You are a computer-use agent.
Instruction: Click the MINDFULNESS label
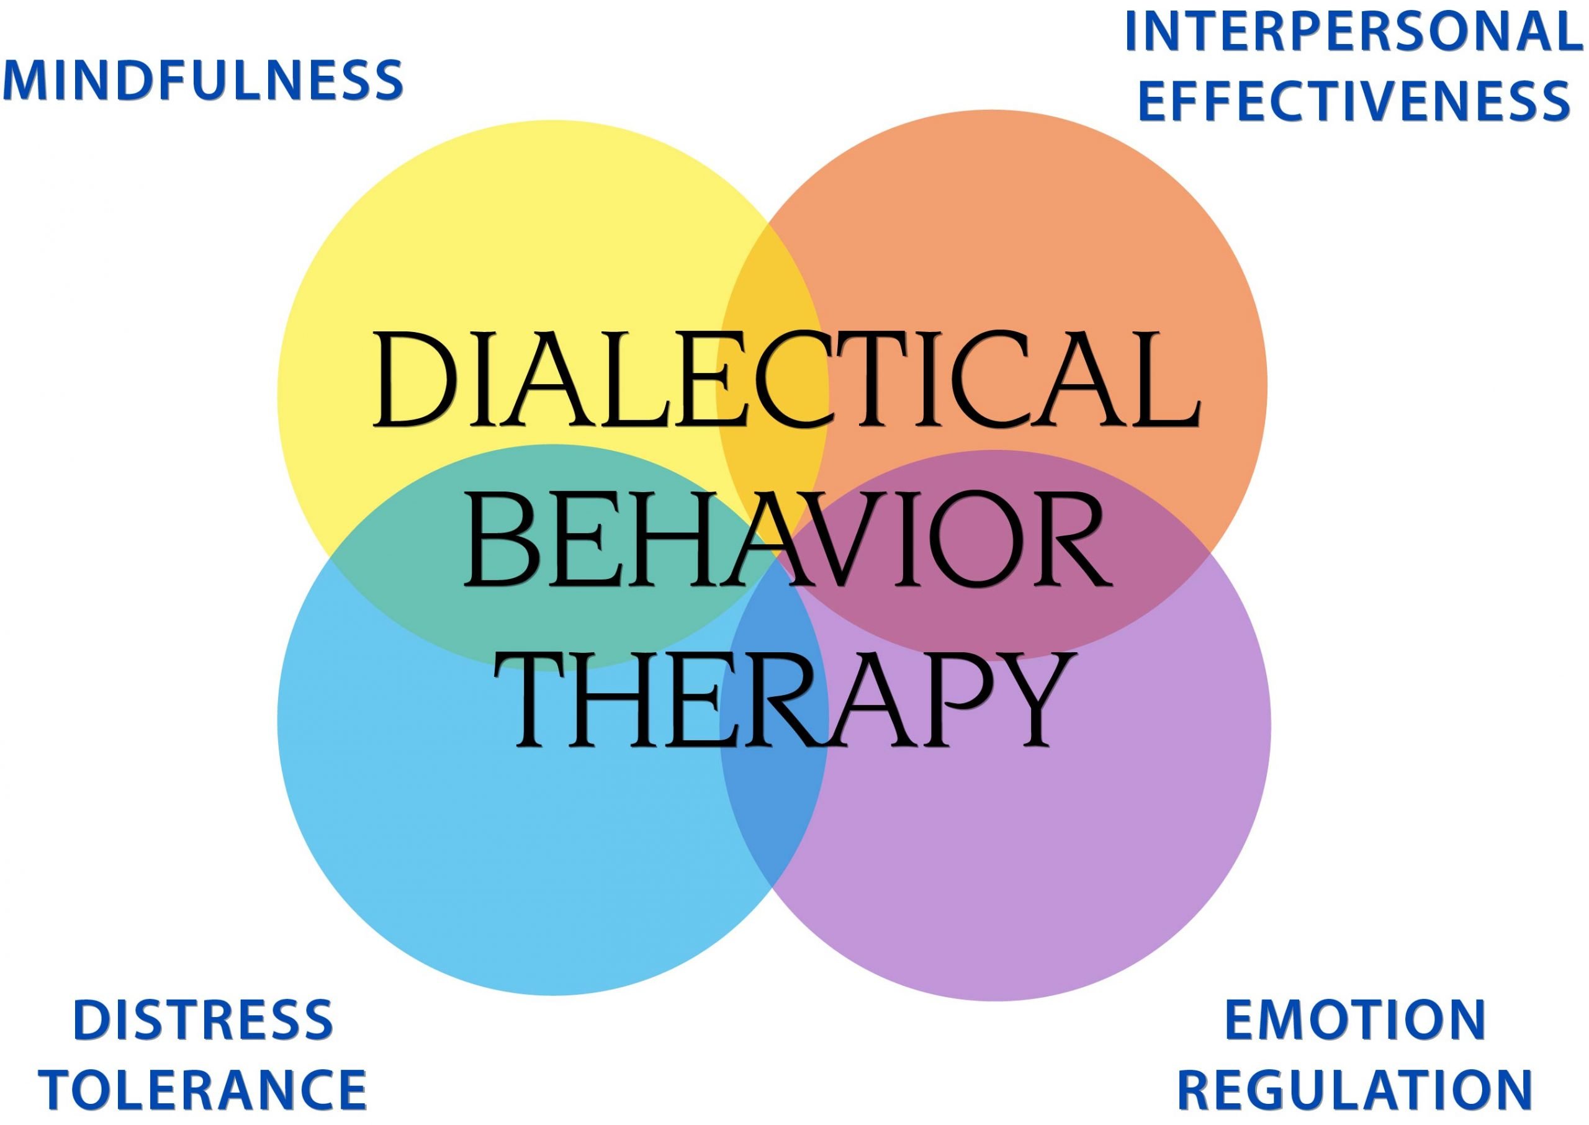click(203, 81)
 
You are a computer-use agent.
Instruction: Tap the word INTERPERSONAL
click(1356, 32)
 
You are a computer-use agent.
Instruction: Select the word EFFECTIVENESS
click(1353, 101)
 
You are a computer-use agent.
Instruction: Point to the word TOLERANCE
click(203, 1090)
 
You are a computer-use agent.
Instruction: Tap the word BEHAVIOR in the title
click(786, 540)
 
